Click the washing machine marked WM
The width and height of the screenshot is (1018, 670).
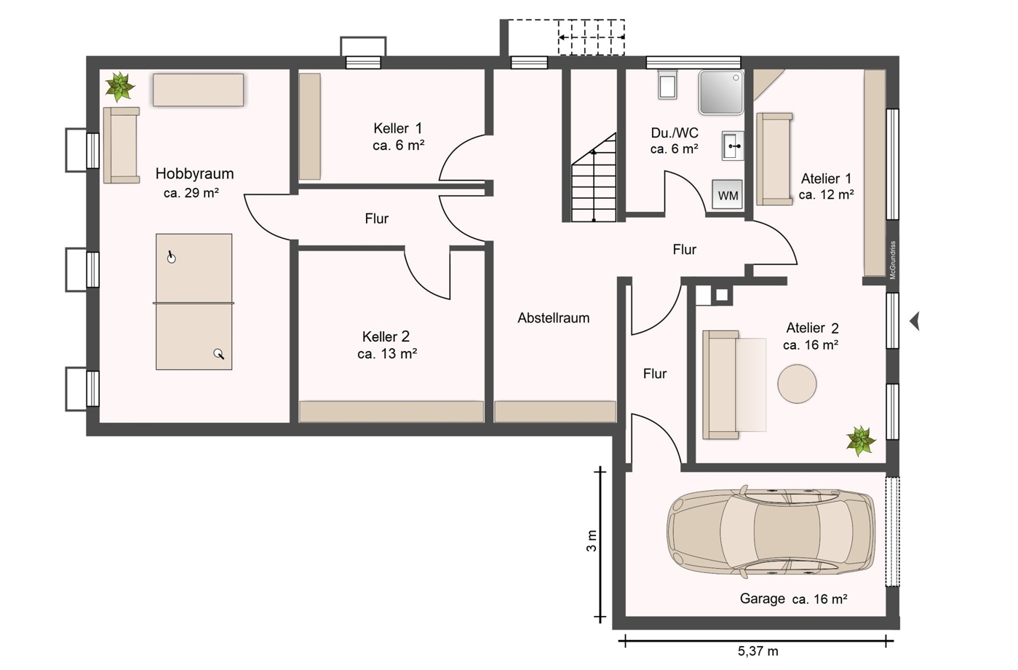(727, 194)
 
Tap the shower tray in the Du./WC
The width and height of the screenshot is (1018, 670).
(721, 92)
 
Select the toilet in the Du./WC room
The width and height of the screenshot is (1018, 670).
(667, 84)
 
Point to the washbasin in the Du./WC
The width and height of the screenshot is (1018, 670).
(733, 146)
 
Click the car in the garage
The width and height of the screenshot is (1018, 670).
(771, 532)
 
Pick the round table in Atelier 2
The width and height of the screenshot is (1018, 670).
(797, 384)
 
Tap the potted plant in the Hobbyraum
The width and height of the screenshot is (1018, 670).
(119, 87)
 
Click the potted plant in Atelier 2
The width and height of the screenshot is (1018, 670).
(860, 441)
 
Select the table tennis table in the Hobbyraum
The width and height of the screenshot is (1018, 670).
(194, 301)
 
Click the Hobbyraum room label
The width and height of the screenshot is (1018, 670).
(194, 174)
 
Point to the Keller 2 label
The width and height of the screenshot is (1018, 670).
(386, 336)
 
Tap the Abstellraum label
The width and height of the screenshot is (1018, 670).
(554, 318)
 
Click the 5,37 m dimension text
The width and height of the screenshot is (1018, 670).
(757, 651)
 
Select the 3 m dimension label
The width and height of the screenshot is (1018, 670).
(592, 541)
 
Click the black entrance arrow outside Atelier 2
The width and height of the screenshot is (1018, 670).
(915, 321)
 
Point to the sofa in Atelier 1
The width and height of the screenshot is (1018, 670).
(774, 159)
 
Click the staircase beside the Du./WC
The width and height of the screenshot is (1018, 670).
(594, 178)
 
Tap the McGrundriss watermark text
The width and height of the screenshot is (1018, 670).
(893, 260)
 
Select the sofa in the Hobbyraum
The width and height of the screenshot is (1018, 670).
(122, 145)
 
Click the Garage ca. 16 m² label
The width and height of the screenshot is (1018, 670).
(793, 599)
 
